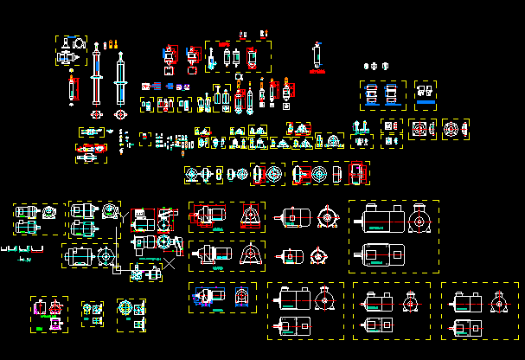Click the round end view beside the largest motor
tap(420, 222)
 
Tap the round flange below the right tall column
tap(119, 113)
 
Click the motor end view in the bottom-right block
tap(498, 301)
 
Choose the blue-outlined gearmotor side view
tap(205, 296)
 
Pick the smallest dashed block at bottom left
tap(92, 312)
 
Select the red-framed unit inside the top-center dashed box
tap(252, 57)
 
